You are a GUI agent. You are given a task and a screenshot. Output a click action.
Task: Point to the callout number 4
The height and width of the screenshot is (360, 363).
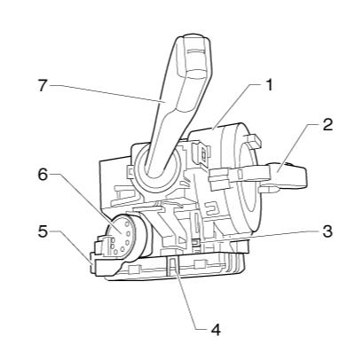pyautogui.click(x=212, y=328)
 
